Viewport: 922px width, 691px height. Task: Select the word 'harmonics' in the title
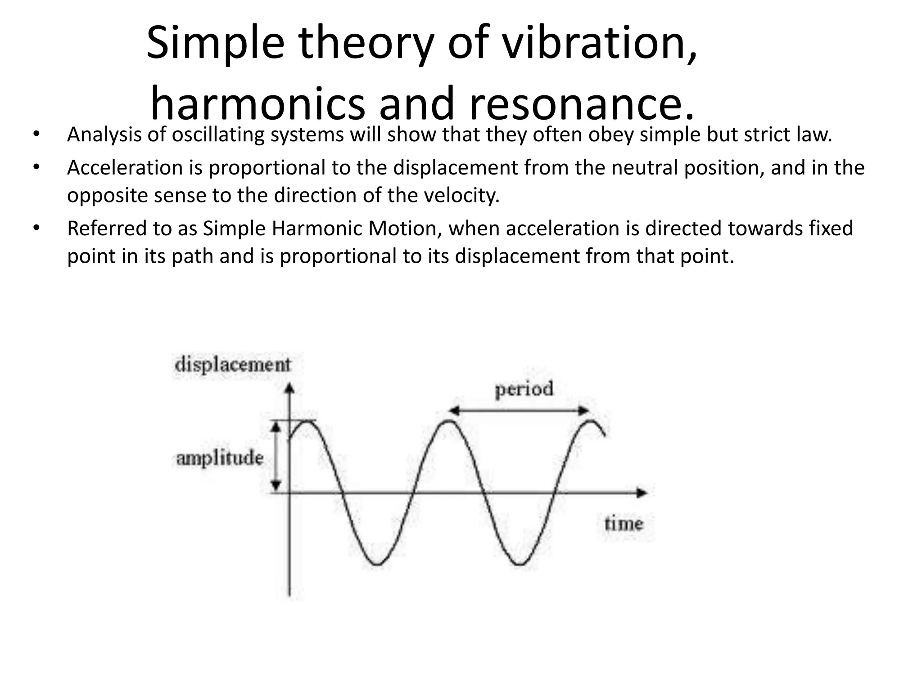click(257, 104)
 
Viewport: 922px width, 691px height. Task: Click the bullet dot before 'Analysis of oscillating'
click(36, 135)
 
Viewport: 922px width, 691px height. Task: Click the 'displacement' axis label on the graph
click(233, 364)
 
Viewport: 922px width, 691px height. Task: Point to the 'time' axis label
click(624, 524)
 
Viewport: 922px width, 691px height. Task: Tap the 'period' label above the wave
click(524, 389)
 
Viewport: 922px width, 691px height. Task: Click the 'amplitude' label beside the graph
click(220, 458)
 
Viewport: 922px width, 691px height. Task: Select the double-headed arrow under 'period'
click(519, 410)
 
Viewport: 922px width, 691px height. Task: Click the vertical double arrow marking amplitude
click(276, 457)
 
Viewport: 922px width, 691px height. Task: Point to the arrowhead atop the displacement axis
click(290, 388)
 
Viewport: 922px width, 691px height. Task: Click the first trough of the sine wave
click(377, 564)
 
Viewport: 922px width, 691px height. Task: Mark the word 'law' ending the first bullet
click(818, 135)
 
